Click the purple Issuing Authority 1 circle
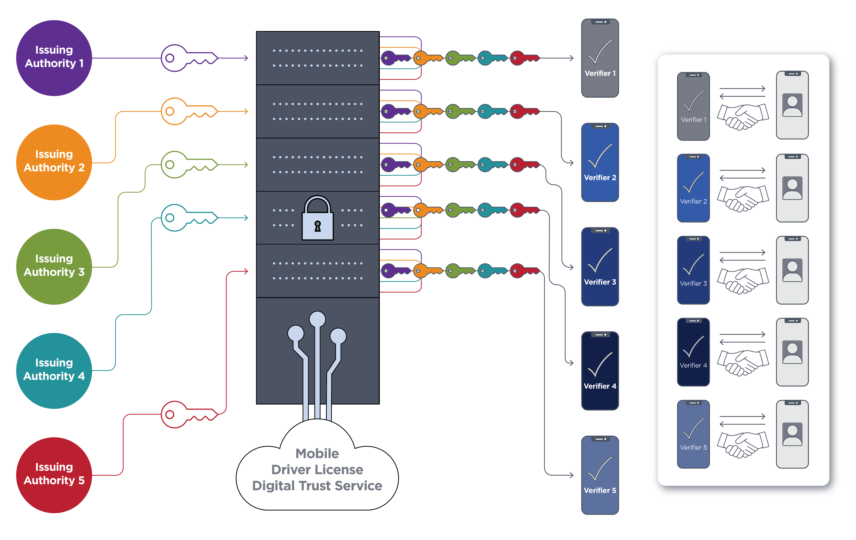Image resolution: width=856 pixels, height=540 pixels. (54, 58)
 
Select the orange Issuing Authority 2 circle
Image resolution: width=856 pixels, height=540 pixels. (54, 162)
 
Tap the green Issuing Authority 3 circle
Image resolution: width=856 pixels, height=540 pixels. (54, 267)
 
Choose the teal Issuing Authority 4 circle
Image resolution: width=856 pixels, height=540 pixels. (54, 371)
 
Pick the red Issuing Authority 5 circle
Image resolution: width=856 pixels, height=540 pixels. (54, 475)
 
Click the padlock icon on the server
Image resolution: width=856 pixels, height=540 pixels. (318, 219)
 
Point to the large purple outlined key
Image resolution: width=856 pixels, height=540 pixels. (188, 58)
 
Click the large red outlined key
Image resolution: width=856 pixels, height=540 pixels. (188, 414)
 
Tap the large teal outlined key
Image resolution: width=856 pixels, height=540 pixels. (188, 218)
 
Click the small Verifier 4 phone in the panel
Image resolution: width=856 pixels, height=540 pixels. (693, 352)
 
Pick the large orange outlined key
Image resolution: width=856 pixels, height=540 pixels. (188, 111)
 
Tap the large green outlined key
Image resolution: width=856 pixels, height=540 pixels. (188, 165)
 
